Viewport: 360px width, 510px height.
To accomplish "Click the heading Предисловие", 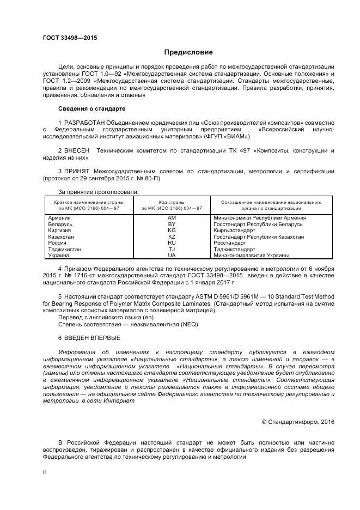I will [x=188, y=52].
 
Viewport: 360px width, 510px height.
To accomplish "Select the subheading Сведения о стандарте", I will [x=91, y=108].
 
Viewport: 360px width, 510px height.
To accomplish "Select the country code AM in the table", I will [x=172, y=218].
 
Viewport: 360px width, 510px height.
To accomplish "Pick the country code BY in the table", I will [x=172, y=224].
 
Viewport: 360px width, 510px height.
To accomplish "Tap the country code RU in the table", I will [x=172, y=243].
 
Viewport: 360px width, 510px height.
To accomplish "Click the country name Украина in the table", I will [x=59, y=255].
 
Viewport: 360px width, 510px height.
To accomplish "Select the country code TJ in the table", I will [x=172, y=249].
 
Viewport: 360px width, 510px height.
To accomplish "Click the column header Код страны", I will [x=172, y=202].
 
